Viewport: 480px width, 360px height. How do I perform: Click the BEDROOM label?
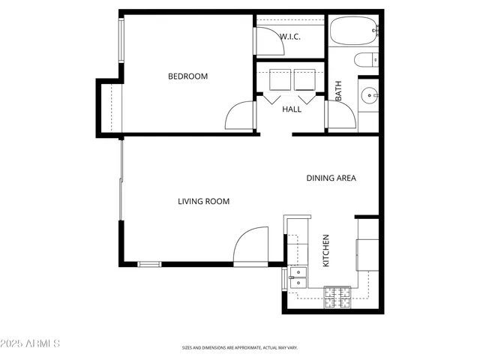tap(187, 76)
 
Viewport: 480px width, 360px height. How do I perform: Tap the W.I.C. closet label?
tap(290, 37)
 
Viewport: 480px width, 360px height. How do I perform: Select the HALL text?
tap(292, 109)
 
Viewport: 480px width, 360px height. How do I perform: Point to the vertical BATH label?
tap(338, 91)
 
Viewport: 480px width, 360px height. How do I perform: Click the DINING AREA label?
tap(331, 178)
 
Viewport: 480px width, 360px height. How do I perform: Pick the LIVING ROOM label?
tap(203, 201)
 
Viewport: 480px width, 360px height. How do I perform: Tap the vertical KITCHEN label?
tap(326, 251)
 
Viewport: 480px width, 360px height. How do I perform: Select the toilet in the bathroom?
tap(367, 61)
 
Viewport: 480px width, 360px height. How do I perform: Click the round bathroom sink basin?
tap(368, 95)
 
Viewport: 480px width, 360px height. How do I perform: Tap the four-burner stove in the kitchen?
tap(337, 298)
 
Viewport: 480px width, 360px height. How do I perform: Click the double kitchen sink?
tap(297, 277)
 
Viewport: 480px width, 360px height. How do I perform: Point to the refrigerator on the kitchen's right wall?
tap(367, 253)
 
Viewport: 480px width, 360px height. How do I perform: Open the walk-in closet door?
tap(270, 41)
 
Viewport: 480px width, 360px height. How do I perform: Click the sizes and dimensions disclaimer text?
tap(239, 348)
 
